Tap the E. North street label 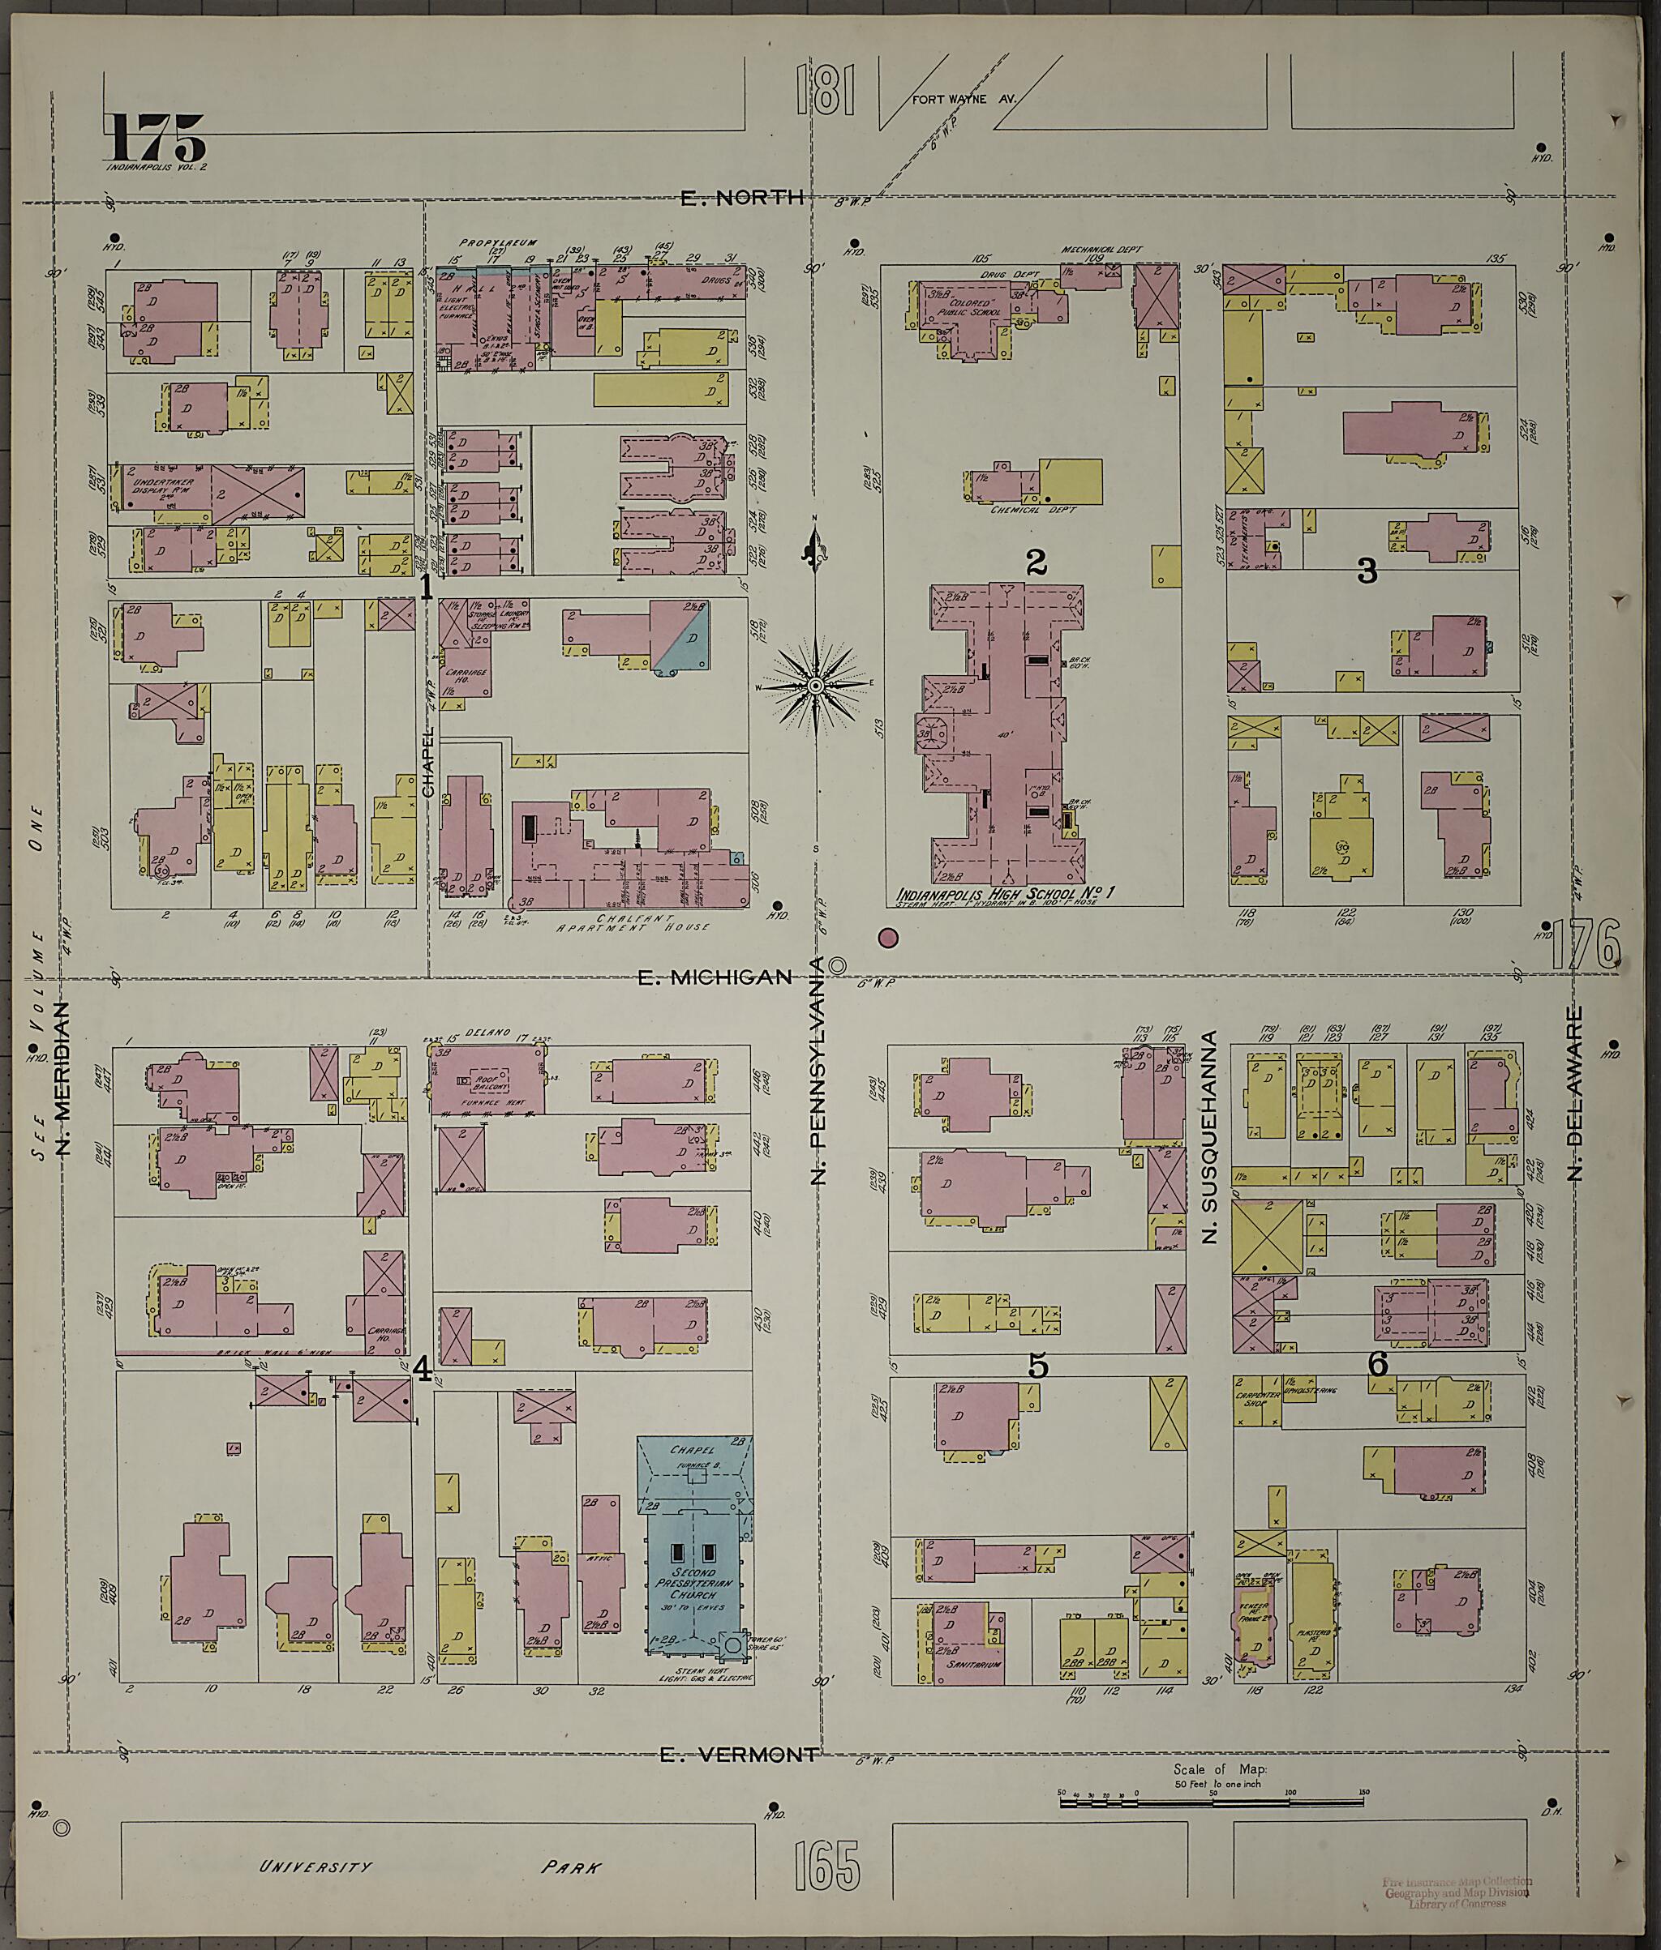pyautogui.click(x=742, y=198)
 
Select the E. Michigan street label pyautogui.click(x=715, y=977)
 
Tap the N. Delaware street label pyautogui.click(x=1574, y=1093)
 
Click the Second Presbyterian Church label pyautogui.click(x=693, y=1583)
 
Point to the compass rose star pyautogui.click(x=815, y=687)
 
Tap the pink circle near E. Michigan pyautogui.click(x=887, y=938)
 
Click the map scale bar pyautogui.click(x=1212, y=1800)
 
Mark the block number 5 pyautogui.click(x=1037, y=1365)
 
